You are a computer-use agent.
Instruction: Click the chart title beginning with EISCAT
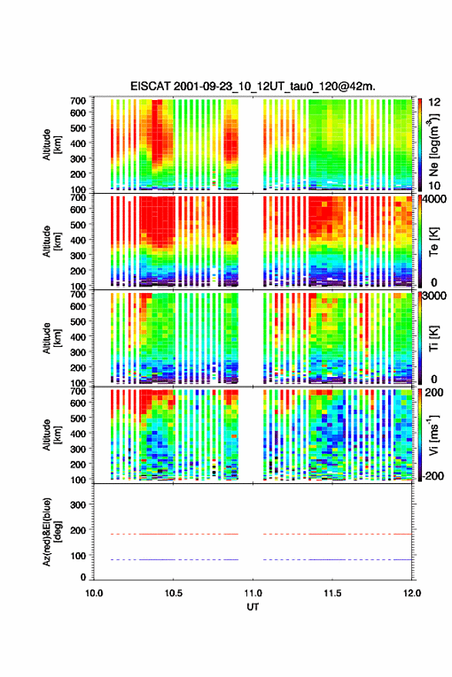pyautogui.click(x=253, y=86)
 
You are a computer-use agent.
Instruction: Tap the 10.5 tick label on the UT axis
pyautogui.click(x=173, y=593)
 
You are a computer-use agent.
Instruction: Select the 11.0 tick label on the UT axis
pyautogui.click(x=253, y=593)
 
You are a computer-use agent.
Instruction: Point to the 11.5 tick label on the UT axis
pyautogui.click(x=333, y=593)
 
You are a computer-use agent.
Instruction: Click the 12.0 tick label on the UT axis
pyautogui.click(x=412, y=593)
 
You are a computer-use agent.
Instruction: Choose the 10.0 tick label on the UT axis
pyautogui.click(x=94, y=593)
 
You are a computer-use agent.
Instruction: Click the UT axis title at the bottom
pyautogui.click(x=253, y=607)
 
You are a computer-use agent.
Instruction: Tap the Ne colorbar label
pyautogui.click(x=434, y=145)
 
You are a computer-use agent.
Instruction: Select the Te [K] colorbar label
pyautogui.click(x=434, y=242)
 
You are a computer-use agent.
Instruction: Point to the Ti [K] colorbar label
pyautogui.click(x=434, y=338)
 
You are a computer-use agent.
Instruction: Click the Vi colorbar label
pyautogui.click(x=434, y=435)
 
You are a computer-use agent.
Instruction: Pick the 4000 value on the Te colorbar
pyautogui.click(x=435, y=199)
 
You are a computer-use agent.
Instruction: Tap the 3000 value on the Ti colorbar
pyautogui.click(x=435, y=295)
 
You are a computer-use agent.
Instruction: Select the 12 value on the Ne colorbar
pyautogui.click(x=434, y=102)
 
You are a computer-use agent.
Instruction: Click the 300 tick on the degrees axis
pyautogui.click(x=78, y=505)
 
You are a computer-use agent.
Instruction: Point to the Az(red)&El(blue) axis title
pyautogui.click(x=52, y=532)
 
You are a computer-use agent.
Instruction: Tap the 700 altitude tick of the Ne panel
pyautogui.click(x=78, y=101)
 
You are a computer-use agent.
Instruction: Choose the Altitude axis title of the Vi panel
pyautogui.click(x=52, y=435)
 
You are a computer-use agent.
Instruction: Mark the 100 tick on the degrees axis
pyautogui.click(x=78, y=555)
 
